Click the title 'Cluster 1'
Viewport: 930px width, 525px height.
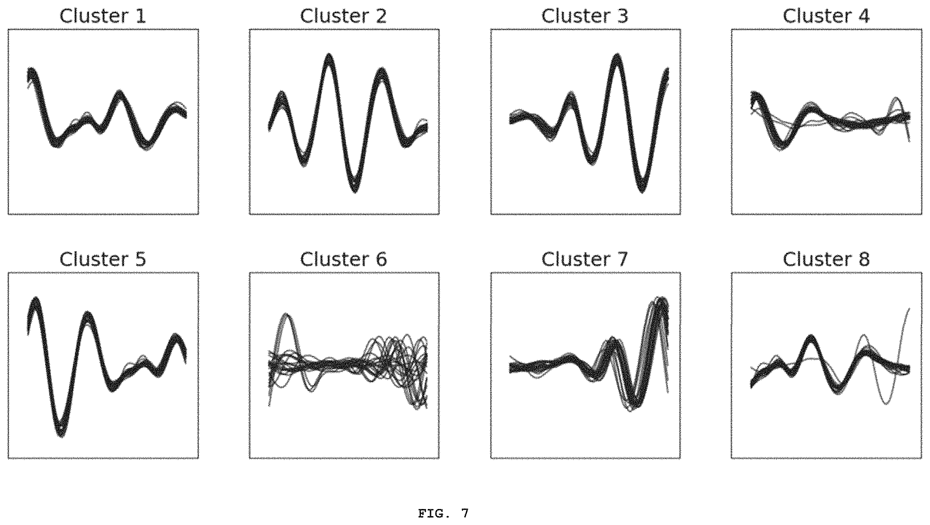pos(103,16)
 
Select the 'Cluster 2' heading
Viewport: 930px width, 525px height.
pos(343,16)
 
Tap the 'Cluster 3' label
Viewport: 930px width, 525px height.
pos(585,16)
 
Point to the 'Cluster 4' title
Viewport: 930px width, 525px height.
pos(826,16)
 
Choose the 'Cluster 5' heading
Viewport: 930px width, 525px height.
pos(103,259)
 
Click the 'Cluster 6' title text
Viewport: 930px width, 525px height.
pos(343,259)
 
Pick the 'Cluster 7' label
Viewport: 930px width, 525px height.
pos(585,259)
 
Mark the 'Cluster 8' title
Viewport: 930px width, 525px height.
pos(826,259)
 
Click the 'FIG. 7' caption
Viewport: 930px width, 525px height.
pos(443,513)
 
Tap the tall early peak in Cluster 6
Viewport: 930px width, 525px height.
pos(287,315)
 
